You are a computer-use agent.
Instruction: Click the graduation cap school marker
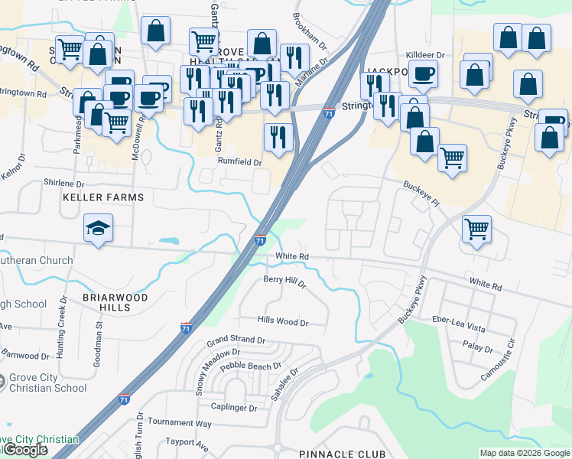[98, 228]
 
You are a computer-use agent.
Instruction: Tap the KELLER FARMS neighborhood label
[103, 197]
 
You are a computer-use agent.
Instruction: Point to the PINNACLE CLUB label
[343, 454]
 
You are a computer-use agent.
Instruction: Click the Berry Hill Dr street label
[284, 283]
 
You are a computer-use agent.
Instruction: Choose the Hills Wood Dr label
[282, 323]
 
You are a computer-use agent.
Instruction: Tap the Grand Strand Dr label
[236, 340]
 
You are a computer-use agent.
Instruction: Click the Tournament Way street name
[180, 422]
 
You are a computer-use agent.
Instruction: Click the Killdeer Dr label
[430, 55]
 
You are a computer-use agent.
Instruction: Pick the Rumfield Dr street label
[239, 162]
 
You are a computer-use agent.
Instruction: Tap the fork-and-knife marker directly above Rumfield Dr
[278, 137]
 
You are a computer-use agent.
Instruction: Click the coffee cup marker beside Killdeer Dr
[422, 73]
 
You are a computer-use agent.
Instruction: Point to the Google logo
[25, 450]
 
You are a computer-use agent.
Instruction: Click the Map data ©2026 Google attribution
[525, 453]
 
